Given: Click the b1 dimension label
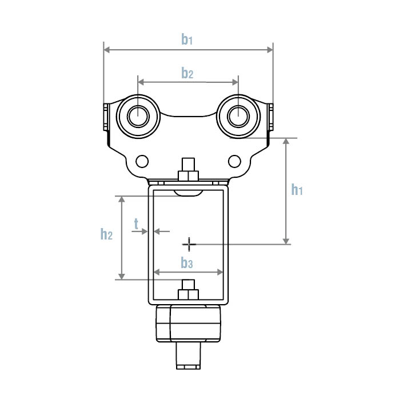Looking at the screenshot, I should pyautogui.click(x=187, y=39).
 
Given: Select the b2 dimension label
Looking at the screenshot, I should pyautogui.click(x=187, y=73).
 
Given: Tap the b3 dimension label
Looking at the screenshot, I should pyautogui.click(x=187, y=263).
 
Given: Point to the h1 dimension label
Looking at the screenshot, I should pyautogui.click(x=296, y=190).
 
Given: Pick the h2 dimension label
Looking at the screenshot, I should pyautogui.click(x=106, y=234).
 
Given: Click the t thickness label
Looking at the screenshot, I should pyautogui.click(x=136, y=224).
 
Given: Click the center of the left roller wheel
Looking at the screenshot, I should pyautogui.click(x=137, y=116).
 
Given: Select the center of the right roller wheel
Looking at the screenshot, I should pyautogui.click(x=237, y=116).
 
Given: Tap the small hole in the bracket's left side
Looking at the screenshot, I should pyautogui.click(x=142, y=161).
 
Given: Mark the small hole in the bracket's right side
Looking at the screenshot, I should pyautogui.click(x=233, y=161).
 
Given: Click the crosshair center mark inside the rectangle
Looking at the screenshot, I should pyautogui.click(x=189, y=245).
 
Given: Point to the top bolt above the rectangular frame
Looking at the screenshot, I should pyautogui.click(x=188, y=171).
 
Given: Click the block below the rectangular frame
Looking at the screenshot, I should pyautogui.click(x=188, y=323).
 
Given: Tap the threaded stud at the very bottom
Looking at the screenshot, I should pyautogui.click(x=188, y=355).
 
